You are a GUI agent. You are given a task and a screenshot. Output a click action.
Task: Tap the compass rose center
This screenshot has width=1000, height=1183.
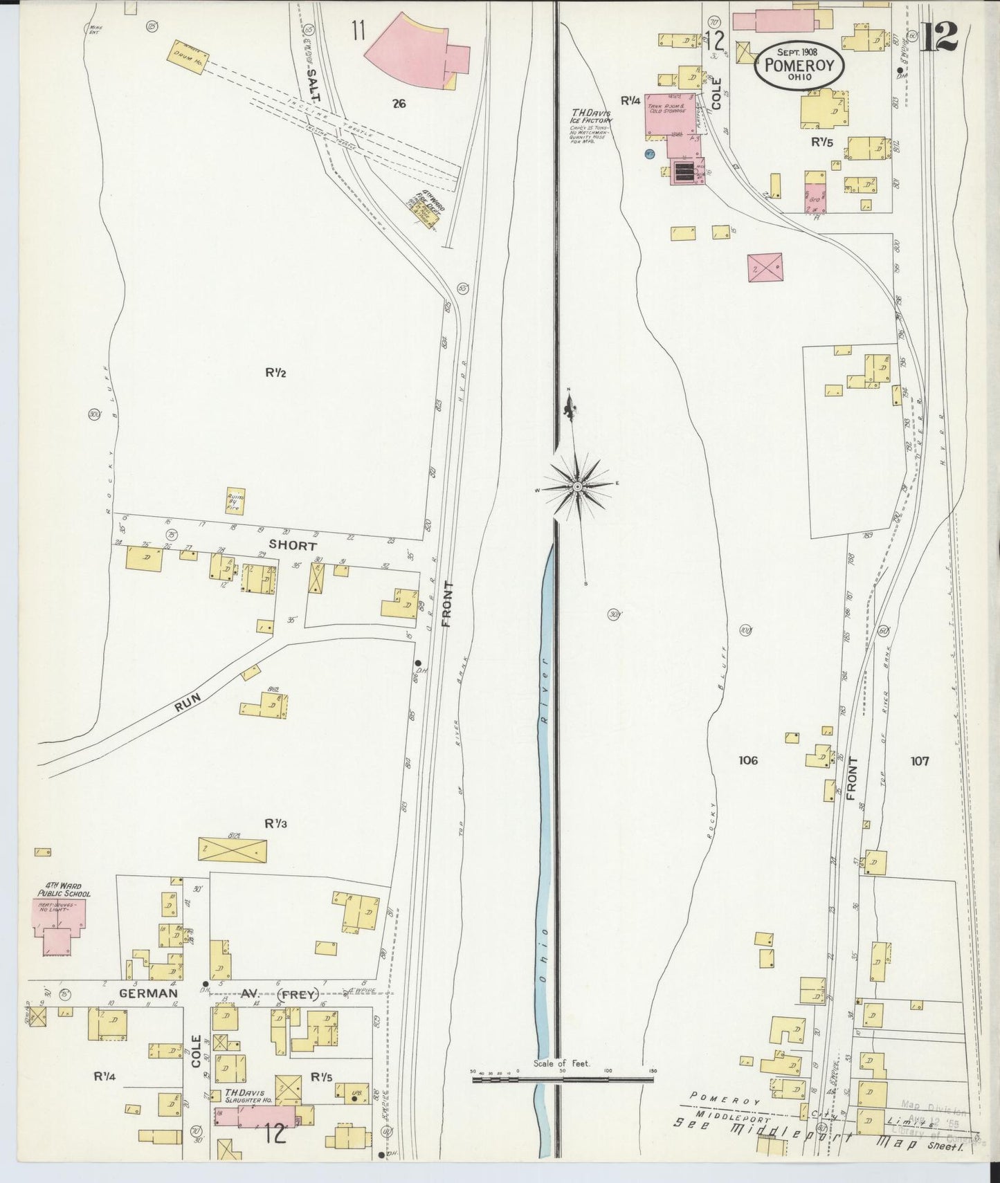click(577, 487)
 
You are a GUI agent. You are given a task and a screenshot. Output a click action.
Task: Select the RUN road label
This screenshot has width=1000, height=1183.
click(188, 703)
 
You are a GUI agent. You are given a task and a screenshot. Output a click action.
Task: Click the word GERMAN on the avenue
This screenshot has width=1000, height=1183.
click(148, 993)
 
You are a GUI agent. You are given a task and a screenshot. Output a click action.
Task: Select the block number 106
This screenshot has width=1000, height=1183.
click(747, 760)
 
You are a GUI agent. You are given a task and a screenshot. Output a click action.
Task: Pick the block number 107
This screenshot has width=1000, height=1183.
click(920, 761)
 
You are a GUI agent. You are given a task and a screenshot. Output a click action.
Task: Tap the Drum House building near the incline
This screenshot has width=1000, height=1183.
click(190, 54)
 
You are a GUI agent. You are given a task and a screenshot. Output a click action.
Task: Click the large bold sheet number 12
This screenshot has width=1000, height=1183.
click(939, 35)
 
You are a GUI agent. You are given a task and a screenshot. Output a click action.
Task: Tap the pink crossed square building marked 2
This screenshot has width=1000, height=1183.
click(765, 266)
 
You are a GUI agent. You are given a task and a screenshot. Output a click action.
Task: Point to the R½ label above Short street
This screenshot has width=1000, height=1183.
click(275, 373)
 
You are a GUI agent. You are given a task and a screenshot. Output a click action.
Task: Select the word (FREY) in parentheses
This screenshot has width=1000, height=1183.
click(299, 995)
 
